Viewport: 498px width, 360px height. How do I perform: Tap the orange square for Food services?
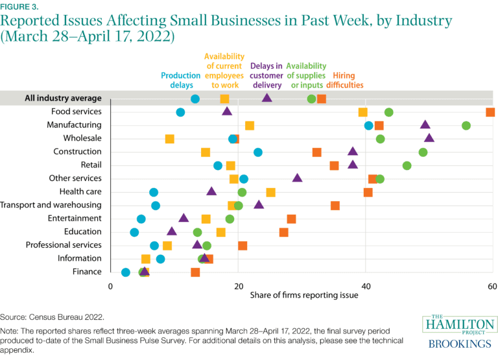(490, 112)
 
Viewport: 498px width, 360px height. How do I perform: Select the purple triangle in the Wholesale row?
(429, 138)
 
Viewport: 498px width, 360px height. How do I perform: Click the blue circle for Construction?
(258, 152)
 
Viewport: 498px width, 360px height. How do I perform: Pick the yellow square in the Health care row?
(271, 192)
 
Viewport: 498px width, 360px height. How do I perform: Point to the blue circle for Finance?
(126, 272)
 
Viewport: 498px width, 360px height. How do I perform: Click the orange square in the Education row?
(284, 232)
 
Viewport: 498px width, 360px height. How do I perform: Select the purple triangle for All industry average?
(267, 98)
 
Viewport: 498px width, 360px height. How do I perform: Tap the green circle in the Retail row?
(407, 165)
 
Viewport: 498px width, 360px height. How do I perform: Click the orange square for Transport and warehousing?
(335, 206)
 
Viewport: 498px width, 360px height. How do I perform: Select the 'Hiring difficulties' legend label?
(344, 80)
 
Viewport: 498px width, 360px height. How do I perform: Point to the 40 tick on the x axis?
(366, 286)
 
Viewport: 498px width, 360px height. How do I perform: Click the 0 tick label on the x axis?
(111, 286)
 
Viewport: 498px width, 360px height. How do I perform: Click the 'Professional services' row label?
(64, 245)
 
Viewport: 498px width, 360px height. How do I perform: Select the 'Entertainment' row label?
(75, 219)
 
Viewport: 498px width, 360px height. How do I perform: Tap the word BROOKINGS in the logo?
(460, 341)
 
